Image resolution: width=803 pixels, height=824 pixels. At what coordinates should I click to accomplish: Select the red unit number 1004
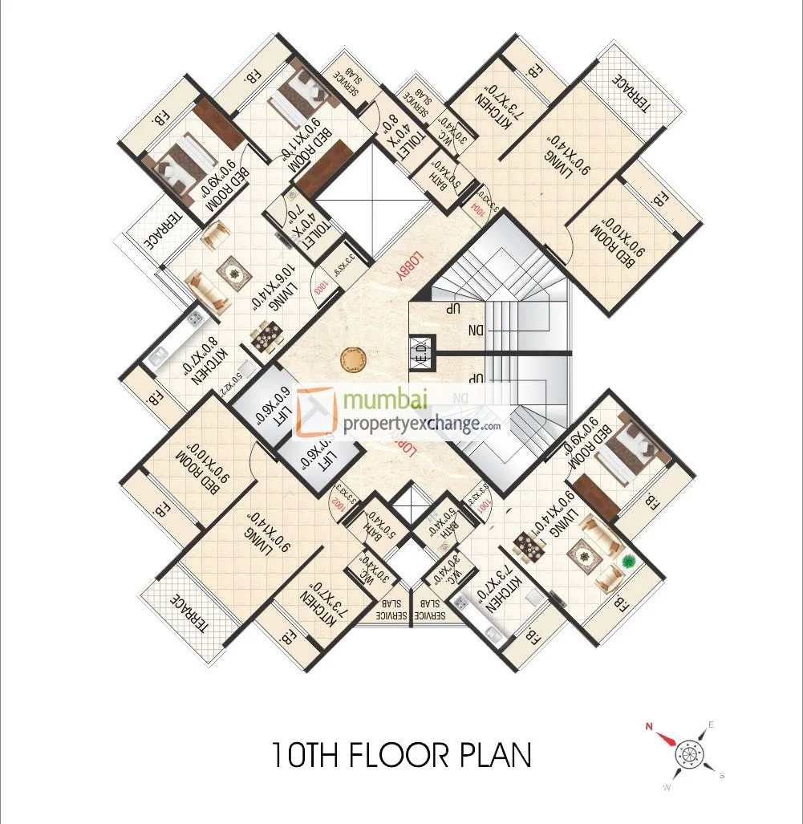coord(479,206)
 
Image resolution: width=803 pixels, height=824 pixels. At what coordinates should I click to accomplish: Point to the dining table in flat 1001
coord(531,546)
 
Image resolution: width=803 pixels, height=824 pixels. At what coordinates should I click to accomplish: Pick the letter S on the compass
coord(722,774)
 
